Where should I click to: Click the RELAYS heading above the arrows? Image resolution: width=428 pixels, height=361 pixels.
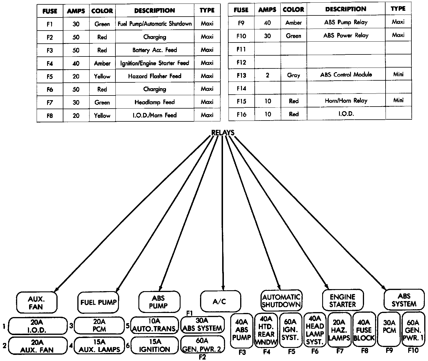[x=223, y=132]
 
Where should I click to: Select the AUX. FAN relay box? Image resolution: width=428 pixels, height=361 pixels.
[x=37, y=302]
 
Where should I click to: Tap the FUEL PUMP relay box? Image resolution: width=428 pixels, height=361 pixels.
[x=98, y=302]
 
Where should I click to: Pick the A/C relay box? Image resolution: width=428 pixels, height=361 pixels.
[x=221, y=301]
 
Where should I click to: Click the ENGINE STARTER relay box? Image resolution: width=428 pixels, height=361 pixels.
[x=343, y=300]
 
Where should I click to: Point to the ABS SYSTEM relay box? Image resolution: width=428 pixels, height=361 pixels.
[x=404, y=300]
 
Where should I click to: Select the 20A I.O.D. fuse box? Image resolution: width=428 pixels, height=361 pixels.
[x=38, y=326]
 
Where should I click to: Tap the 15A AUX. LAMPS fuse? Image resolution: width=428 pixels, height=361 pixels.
[x=99, y=346]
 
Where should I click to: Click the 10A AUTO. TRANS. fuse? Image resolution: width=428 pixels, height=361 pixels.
[x=155, y=325]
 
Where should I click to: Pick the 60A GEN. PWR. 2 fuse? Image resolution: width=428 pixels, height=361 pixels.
[x=203, y=345]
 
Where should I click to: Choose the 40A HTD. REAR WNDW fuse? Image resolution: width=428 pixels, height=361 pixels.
[x=266, y=330]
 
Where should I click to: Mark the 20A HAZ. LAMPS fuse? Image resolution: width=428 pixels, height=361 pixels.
[x=339, y=330]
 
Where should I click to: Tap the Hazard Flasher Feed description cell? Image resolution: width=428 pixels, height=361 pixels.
[x=155, y=76]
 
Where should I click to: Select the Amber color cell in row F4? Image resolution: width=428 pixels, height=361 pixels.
[x=102, y=63]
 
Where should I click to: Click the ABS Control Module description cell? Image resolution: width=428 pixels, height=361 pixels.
[x=346, y=75]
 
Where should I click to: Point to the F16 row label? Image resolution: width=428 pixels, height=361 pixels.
[x=241, y=114]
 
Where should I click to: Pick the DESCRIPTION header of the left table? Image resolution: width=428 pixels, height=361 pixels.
[x=155, y=10]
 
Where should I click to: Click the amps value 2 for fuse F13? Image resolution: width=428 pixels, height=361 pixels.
[x=267, y=75]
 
